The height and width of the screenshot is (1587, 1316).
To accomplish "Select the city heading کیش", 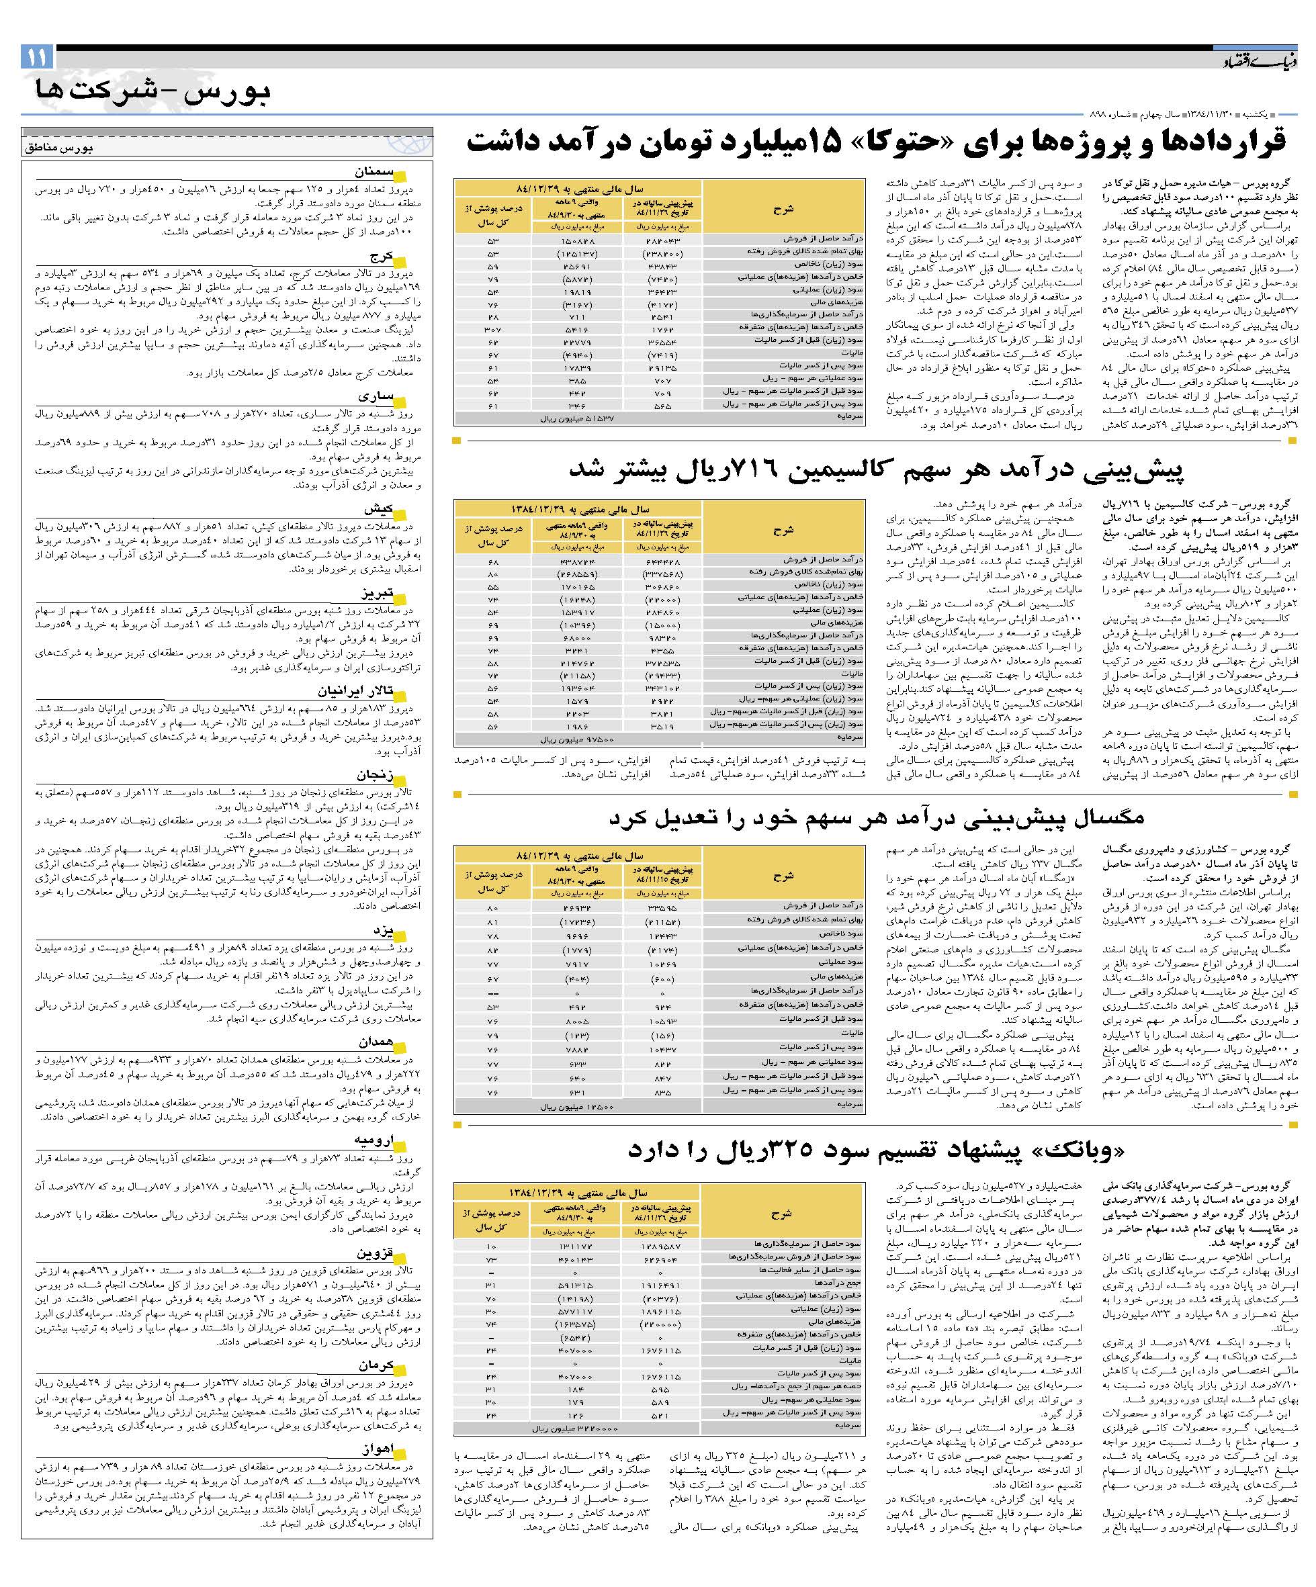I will [380, 508].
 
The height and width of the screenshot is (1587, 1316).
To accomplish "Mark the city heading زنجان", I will [374, 774].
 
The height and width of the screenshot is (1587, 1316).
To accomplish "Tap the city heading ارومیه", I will [374, 1140].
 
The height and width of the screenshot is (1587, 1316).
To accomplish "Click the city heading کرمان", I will [376, 1366].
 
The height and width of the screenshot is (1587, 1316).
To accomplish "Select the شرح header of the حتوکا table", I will [783, 210].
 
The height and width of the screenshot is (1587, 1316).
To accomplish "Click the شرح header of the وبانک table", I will [781, 1214].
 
